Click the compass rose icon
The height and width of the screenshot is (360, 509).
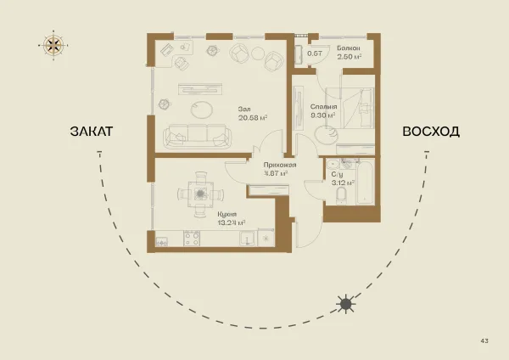pos(53,45)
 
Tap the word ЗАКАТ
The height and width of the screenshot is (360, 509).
pos(92,132)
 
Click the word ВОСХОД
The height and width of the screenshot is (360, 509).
pos(431,132)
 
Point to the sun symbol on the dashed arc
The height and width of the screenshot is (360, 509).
pos(346,304)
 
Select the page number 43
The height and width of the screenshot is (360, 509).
pos(484,340)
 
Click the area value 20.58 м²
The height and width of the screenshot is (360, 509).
pos(253,118)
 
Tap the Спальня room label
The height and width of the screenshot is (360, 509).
pos(323,107)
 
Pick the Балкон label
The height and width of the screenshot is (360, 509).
pos(349,48)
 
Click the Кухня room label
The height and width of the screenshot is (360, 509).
pos(227,215)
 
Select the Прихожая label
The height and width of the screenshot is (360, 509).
pos(280,165)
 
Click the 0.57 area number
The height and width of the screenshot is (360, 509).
pos(314,53)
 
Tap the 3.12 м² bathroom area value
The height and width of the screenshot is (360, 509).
pos(343,183)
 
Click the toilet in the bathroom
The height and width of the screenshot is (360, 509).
pos(341,195)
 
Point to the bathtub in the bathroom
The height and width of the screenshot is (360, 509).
pos(365,181)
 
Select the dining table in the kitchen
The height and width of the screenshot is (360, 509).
pos(200,194)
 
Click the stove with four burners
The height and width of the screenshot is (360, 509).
pos(192,238)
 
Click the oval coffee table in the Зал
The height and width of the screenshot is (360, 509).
pos(201,110)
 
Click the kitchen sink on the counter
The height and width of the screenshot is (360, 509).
pos(248,239)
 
